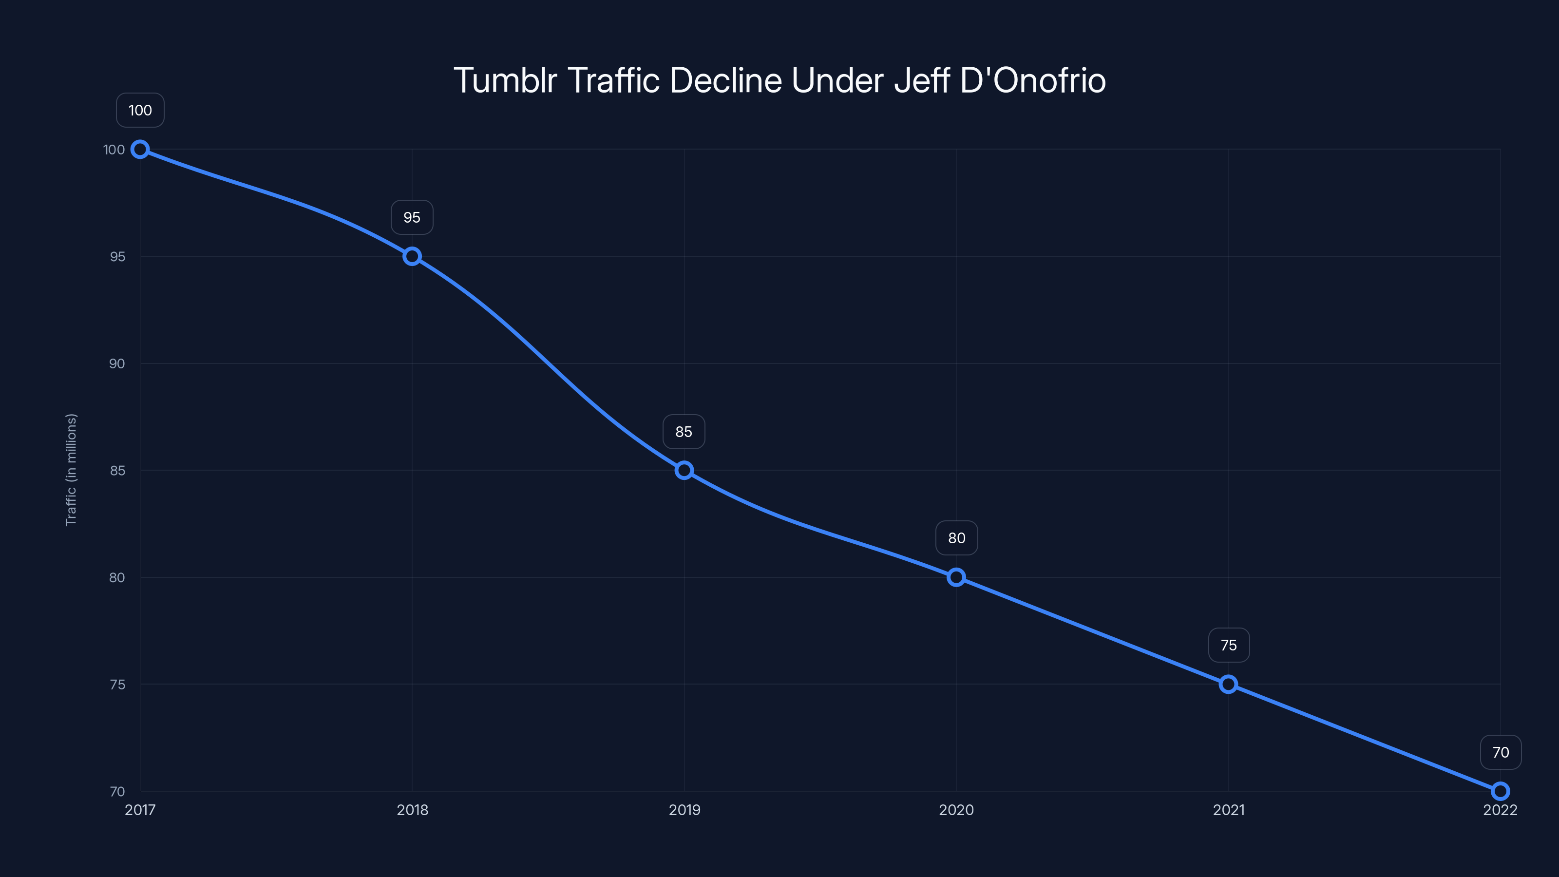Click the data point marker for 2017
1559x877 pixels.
click(140, 150)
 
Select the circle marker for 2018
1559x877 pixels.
click(412, 257)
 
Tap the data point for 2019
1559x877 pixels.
click(684, 470)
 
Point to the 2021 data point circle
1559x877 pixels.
click(1228, 685)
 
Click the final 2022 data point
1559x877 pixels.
click(1500, 791)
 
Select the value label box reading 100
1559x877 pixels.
click(140, 110)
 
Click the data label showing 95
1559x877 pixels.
click(412, 217)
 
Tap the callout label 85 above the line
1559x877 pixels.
click(684, 432)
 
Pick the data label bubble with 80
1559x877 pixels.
click(956, 538)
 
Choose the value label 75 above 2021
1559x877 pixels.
click(1229, 645)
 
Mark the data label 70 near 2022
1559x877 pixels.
click(1501, 752)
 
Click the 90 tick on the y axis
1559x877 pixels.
click(117, 364)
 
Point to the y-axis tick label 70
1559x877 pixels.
click(117, 792)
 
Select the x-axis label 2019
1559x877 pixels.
click(684, 810)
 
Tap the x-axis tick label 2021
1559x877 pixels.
click(1229, 810)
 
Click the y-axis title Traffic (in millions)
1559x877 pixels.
click(71, 470)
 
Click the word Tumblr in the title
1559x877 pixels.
click(505, 80)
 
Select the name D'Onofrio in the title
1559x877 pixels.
click(1032, 80)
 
